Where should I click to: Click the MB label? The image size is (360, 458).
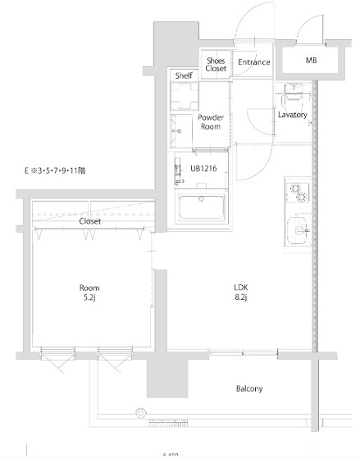pos(312,61)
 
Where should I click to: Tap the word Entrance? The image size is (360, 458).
pos(253,61)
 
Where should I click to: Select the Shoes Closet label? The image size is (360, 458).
pos(216,65)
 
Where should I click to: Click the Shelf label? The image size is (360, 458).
pos(183,76)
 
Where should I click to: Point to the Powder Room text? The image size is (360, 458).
pos(211,122)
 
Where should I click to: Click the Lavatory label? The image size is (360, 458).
pos(293,116)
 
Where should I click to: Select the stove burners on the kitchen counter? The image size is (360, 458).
pos(296,193)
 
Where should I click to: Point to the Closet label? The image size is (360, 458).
pos(90,221)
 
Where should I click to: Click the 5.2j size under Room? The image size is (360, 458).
pos(90,297)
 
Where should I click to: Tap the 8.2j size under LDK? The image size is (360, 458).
pos(241,298)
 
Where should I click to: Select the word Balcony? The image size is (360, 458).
pos(248,388)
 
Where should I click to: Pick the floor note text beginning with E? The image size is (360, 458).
pos(57,171)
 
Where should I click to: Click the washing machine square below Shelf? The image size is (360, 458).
pos(185,96)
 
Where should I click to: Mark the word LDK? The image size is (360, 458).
pos(241,287)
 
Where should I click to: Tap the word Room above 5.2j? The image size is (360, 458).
pos(89,287)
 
